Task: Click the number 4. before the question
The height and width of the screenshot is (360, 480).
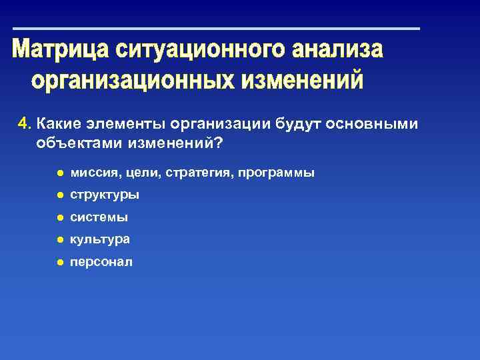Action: pyautogui.click(x=25, y=123)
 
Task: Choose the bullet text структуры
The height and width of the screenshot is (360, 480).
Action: pyautogui.click(x=104, y=195)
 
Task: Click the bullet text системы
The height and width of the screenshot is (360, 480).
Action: pyautogui.click(x=99, y=217)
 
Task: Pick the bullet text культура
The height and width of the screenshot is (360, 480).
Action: pyautogui.click(x=100, y=239)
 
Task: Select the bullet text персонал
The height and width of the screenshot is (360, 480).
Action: pyautogui.click(x=101, y=262)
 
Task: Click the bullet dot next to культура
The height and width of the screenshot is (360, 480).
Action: pyautogui.click(x=59, y=239)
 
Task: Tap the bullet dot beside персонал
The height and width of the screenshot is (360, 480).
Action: pyautogui.click(x=59, y=262)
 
